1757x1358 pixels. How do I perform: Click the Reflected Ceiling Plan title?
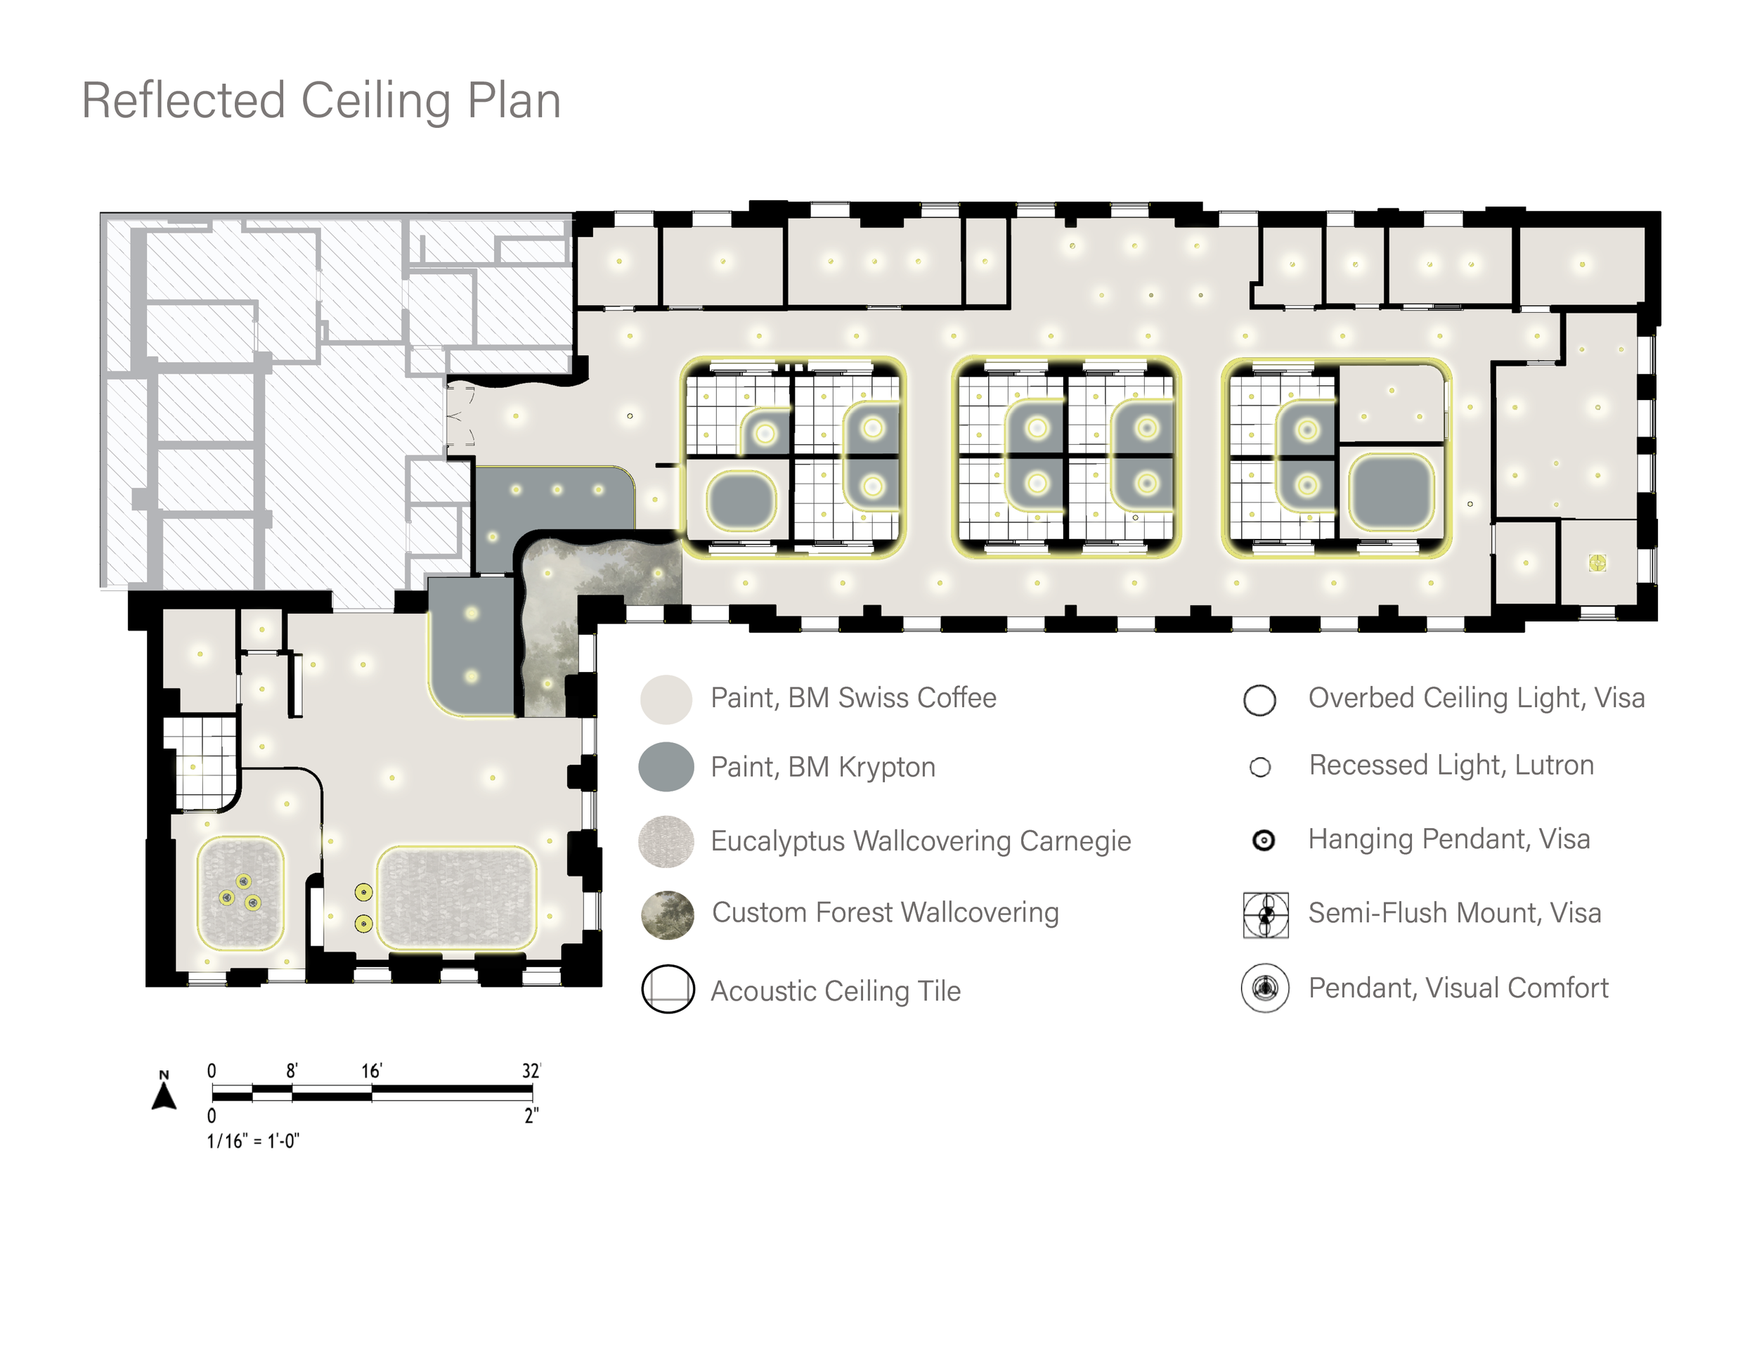(x=320, y=101)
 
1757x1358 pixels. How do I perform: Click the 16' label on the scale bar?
(x=371, y=1071)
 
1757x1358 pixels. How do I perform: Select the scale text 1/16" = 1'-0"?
(x=252, y=1141)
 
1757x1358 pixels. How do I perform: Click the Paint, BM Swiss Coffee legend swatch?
(x=666, y=699)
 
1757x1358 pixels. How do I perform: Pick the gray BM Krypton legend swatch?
(x=666, y=767)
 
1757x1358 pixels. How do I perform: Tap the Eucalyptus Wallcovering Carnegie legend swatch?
(x=666, y=841)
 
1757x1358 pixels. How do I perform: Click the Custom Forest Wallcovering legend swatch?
(x=667, y=914)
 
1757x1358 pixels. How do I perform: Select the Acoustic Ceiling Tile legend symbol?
(x=668, y=989)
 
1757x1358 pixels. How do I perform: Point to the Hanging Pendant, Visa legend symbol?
(x=1264, y=841)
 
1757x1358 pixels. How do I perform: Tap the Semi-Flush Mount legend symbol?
(x=1266, y=914)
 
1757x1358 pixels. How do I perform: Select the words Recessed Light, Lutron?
(x=1451, y=765)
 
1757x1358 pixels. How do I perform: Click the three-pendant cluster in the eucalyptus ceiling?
(x=240, y=892)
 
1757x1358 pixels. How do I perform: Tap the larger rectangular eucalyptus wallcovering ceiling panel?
(x=456, y=898)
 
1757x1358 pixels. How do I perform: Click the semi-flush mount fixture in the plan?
(x=1597, y=563)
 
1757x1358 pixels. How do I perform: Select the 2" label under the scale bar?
(x=531, y=1115)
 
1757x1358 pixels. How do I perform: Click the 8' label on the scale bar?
(x=292, y=1071)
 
